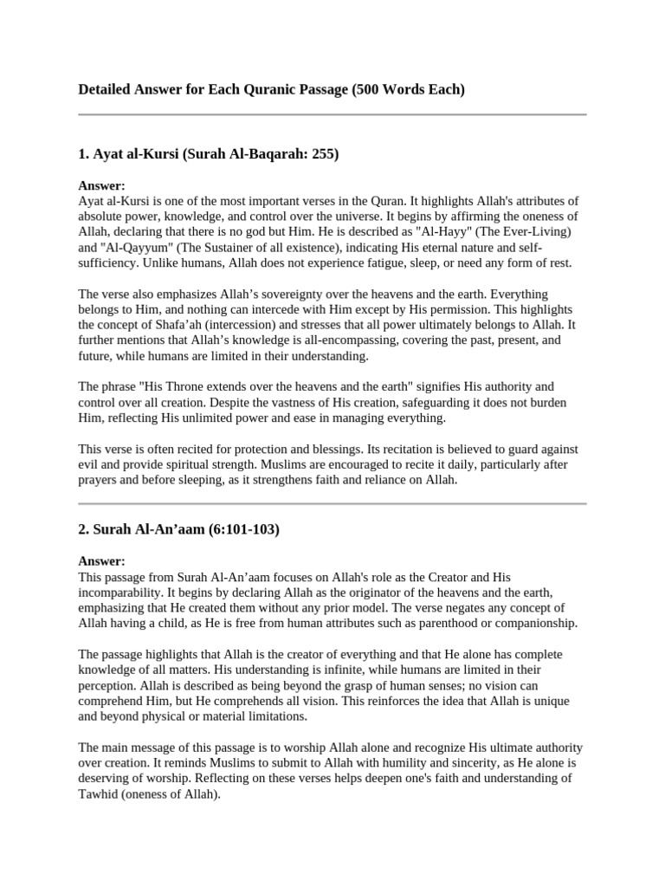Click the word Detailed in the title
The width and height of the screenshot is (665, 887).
pos(106,89)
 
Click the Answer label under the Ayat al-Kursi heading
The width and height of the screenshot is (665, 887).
pos(101,186)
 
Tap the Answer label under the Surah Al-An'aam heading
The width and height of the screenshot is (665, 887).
pos(101,561)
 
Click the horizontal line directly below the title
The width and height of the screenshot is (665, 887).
pos(332,114)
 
